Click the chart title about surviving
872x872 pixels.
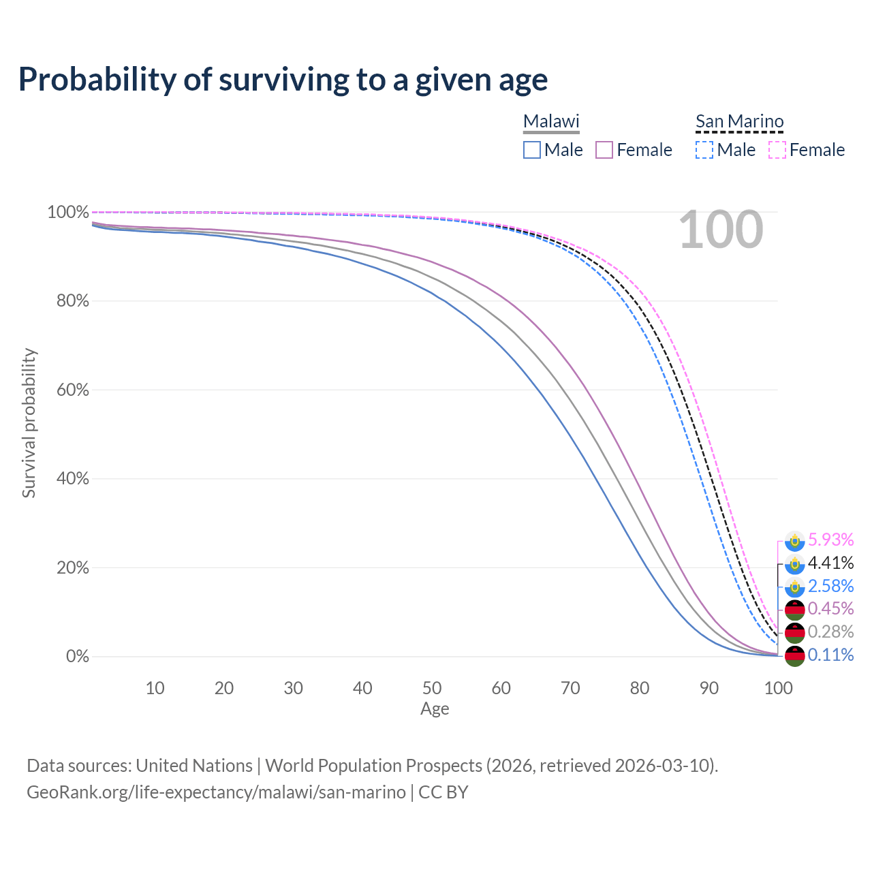coord(283,79)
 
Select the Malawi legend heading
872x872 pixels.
coord(551,121)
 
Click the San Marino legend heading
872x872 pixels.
coord(739,121)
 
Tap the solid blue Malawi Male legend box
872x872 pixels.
coord(532,150)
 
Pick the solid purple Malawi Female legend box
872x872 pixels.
coord(604,150)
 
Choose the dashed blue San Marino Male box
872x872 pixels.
coord(704,150)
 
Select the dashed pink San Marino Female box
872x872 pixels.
coord(777,150)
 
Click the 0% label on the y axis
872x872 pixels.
coord(78,657)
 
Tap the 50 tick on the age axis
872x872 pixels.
coord(432,688)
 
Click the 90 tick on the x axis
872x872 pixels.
coord(709,688)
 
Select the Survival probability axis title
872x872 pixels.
coord(29,423)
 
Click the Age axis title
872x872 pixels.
coord(435,709)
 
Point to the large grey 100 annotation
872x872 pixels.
coord(721,230)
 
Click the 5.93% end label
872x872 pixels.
coord(830,540)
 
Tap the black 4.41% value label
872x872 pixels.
coord(830,563)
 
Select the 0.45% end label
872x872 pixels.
coord(830,608)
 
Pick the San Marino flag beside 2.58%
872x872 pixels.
coord(794,586)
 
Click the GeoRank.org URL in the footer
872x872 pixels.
coord(216,792)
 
